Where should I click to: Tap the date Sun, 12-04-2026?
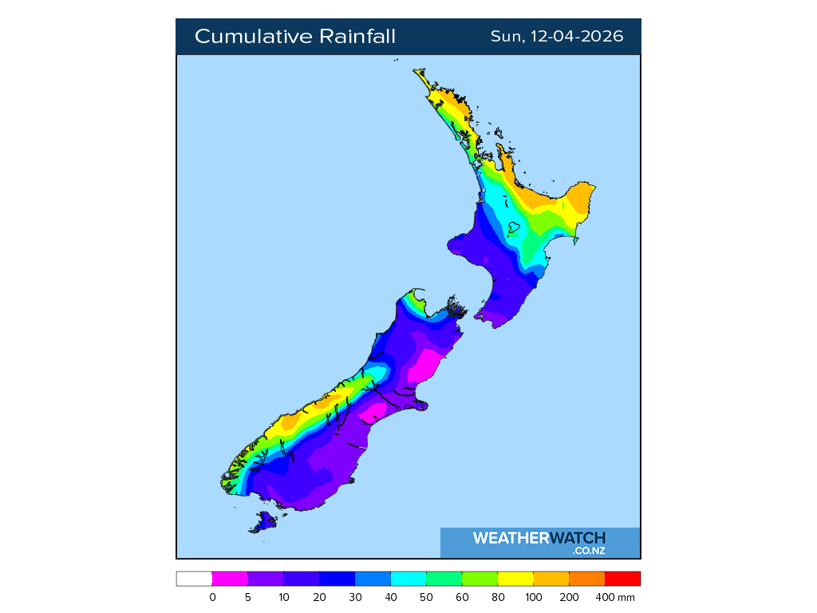[x=556, y=37]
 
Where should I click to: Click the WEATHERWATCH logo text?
[x=539, y=538]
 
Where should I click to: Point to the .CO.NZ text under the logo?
[x=588, y=551]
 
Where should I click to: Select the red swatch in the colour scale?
[x=622, y=579]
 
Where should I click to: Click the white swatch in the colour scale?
[x=194, y=579]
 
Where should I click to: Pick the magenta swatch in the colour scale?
[x=230, y=579]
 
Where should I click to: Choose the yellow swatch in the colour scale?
[x=515, y=579]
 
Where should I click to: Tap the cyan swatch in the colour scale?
[x=408, y=579]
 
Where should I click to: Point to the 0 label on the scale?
[x=212, y=597]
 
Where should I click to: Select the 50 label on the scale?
[x=426, y=597]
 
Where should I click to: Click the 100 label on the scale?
[x=533, y=597]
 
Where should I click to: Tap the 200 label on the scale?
[x=569, y=597]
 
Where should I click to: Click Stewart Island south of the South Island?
[x=262, y=523]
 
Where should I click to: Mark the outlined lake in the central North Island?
[x=515, y=227]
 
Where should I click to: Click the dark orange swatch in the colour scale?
[x=587, y=579]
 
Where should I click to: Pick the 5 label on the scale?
[x=248, y=597]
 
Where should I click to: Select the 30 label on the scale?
[x=355, y=597]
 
